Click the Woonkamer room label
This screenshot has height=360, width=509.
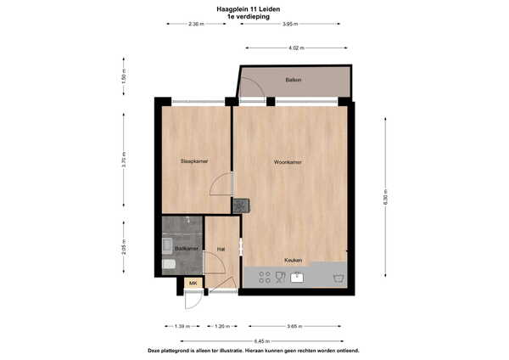[x=288, y=162]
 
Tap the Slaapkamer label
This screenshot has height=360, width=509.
[x=194, y=160]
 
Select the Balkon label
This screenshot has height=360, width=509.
[x=294, y=80]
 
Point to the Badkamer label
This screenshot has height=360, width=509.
[x=187, y=249]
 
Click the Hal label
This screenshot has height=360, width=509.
[x=221, y=250]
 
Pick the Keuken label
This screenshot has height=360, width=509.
[x=294, y=261]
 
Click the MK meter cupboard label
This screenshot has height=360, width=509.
[x=193, y=283]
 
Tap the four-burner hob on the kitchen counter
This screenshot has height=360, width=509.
[x=265, y=278]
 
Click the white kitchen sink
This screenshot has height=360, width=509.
[x=297, y=278]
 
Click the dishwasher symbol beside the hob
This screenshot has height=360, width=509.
[x=280, y=278]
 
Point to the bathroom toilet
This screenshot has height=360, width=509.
[x=169, y=264]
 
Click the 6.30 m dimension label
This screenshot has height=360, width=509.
[x=385, y=197]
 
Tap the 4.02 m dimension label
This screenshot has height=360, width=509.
[x=296, y=48]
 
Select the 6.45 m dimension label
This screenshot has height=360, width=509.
[x=261, y=341]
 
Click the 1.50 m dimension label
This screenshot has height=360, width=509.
[x=124, y=76]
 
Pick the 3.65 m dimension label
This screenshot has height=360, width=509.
[x=294, y=326]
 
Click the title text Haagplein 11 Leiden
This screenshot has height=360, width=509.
[x=249, y=9]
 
